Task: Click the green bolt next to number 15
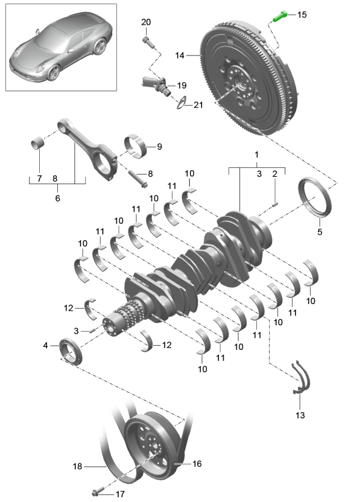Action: click(280, 16)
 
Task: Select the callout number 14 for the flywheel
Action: click(180, 56)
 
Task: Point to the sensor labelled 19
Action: click(154, 83)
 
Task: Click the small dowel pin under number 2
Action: click(275, 203)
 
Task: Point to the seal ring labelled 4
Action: click(71, 351)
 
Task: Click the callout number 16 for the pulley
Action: click(197, 463)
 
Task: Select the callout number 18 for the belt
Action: click(77, 466)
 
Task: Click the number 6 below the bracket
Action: click(58, 198)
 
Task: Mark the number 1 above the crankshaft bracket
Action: click(256, 154)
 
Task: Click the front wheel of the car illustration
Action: click(53, 73)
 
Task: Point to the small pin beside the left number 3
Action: click(92, 330)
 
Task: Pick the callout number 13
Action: click(300, 415)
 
